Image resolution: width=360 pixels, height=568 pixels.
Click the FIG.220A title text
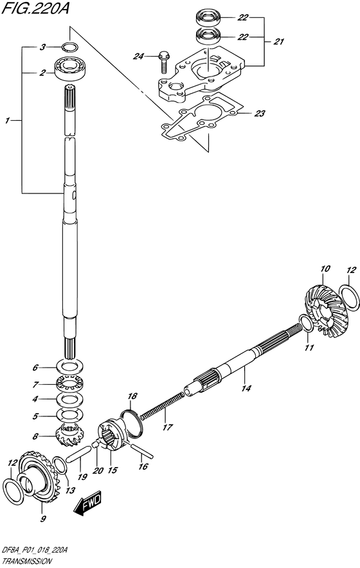click(x=35, y=8)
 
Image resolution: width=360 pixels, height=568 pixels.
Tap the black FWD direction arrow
click(x=87, y=503)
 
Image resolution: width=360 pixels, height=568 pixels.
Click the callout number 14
click(x=246, y=388)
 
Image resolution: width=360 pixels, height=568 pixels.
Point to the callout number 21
click(x=278, y=42)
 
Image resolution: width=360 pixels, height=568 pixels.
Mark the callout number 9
click(x=43, y=519)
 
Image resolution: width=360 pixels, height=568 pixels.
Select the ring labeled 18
click(x=132, y=422)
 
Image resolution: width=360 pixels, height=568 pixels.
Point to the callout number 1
click(x=7, y=120)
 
